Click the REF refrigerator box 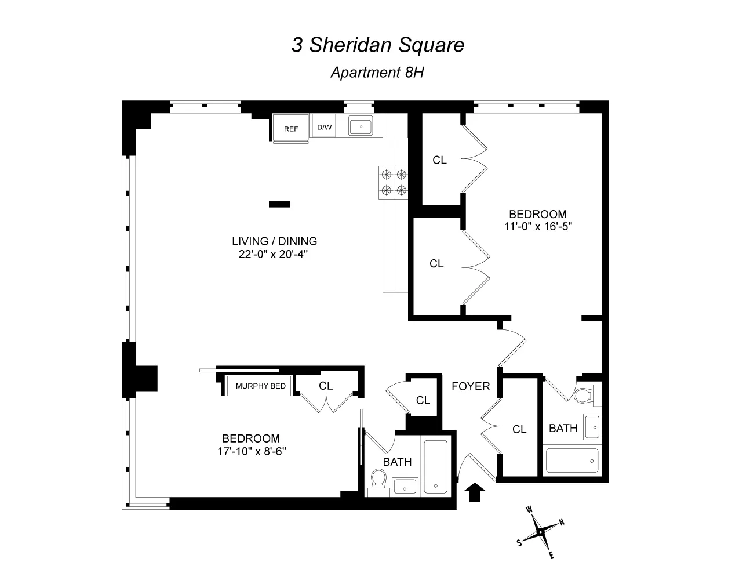click(x=290, y=129)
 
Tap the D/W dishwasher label click(x=323, y=127)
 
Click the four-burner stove click(x=394, y=182)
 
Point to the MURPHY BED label click(x=261, y=386)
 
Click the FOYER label click(x=471, y=386)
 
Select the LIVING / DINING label click(x=274, y=241)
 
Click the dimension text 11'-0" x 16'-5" click(x=538, y=227)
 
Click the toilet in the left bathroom click(x=379, y=481)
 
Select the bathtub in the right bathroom click(x=572, y=461)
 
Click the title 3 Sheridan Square click(x=377, y=45)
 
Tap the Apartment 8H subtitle click(x=378, y=72)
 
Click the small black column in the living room click(x=279, y=204)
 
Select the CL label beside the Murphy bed click(x=326, y=386)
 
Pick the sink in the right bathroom click(x=592, y=427)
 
